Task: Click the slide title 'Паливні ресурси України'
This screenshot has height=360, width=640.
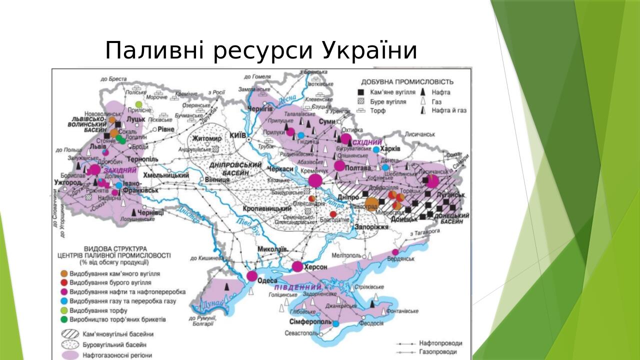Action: click(x=261, y=51)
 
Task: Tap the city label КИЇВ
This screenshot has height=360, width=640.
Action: click(x=238, y=135)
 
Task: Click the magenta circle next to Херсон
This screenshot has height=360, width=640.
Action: click(x=297, y=266)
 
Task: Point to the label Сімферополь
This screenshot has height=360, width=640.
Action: click(x=310, y=322)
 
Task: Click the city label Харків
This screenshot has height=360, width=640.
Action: click(x=390, y=149)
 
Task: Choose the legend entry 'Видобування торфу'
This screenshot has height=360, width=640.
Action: click(x=98, y=310)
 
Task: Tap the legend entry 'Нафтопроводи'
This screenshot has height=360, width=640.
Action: click(x=440, y=343)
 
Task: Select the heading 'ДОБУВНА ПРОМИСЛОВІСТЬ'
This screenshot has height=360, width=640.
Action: click(x=407, y=82)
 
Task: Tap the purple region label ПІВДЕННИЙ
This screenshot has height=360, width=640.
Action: click(x=298, y=287)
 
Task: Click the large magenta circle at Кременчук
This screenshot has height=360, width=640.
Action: click(x=315, y=180)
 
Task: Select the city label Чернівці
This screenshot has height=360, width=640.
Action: click(x=150, y=213)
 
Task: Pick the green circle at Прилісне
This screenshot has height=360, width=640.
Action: click(x=139, y=103)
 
